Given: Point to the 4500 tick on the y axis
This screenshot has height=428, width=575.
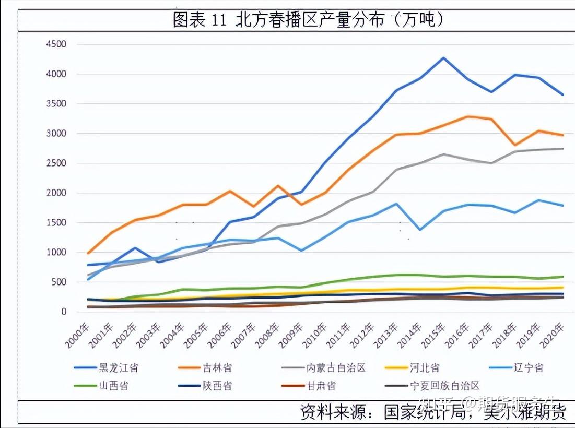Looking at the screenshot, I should pos(56,44).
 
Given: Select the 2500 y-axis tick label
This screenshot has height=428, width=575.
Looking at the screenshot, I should pos(56,163).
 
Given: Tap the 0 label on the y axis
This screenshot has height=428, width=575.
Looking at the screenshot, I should pos(63,312).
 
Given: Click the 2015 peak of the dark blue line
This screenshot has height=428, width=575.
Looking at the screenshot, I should pos(443,58).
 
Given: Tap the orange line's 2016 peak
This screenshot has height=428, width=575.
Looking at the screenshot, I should pos(467,116).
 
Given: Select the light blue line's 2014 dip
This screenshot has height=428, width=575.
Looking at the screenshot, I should pos(420,230).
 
